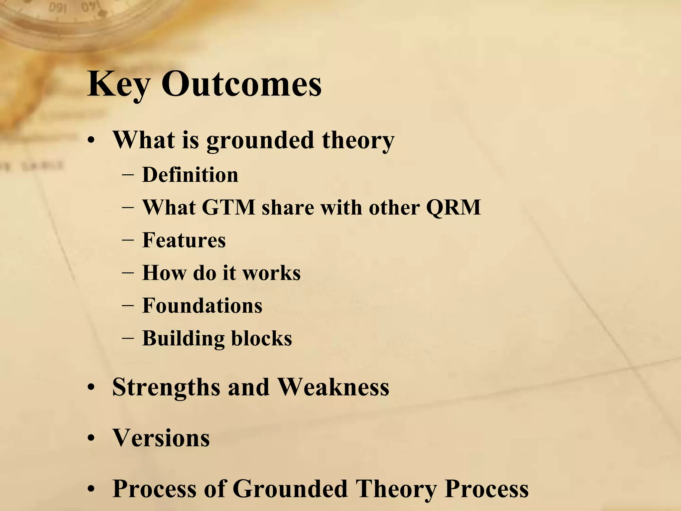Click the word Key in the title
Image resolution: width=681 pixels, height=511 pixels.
(118, 85)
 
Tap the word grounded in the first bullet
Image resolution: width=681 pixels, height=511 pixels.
(260, 140)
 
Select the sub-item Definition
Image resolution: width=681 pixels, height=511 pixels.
(190, 175)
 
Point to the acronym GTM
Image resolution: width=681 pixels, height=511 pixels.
(228, 208)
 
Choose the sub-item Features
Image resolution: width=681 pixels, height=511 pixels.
(184, 240)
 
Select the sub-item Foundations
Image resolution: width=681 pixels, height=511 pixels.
(202, 305)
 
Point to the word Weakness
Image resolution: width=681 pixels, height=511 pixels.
(333, 387)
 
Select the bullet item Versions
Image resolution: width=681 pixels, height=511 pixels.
(161, 438)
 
